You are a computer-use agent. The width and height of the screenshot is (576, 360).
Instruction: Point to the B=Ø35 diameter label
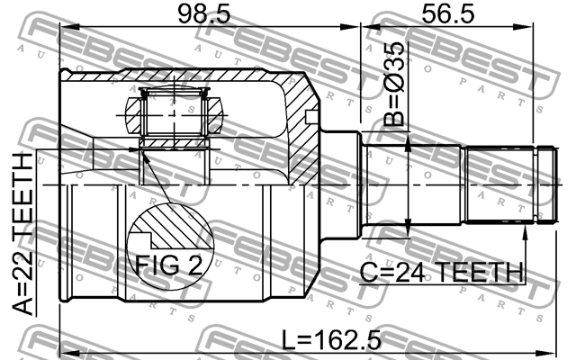(x=393, y=86)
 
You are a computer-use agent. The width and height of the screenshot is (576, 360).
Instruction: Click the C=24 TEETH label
(x=440, y=271)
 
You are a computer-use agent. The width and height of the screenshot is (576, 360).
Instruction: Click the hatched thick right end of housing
(x=297, y=117)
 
